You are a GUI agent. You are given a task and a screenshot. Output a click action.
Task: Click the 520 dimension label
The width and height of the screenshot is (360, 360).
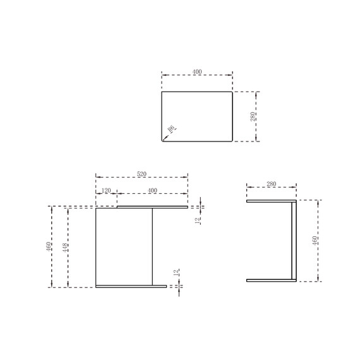coord(141,174)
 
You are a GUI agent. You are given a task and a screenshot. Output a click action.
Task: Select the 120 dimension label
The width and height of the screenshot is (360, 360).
coord(106,190)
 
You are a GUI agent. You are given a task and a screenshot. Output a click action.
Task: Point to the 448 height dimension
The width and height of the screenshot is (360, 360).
coord(65,248)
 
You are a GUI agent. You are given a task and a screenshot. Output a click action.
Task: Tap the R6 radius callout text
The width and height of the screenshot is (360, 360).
coord(172,129)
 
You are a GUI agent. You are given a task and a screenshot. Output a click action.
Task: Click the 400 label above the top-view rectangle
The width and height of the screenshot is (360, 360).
coord(197,72)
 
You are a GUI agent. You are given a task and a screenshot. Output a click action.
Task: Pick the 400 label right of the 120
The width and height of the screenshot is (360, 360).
coord(152,190)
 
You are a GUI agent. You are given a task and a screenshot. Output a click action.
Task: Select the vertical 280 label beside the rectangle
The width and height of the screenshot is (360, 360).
coord(253,117)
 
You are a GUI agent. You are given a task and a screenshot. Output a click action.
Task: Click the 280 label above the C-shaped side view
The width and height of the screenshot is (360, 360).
coord(272,184)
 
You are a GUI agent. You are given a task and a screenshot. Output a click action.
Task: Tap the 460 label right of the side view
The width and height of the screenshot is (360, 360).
coord(315,241)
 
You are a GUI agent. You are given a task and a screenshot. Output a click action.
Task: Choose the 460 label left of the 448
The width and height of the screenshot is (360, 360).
coord(49,246)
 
